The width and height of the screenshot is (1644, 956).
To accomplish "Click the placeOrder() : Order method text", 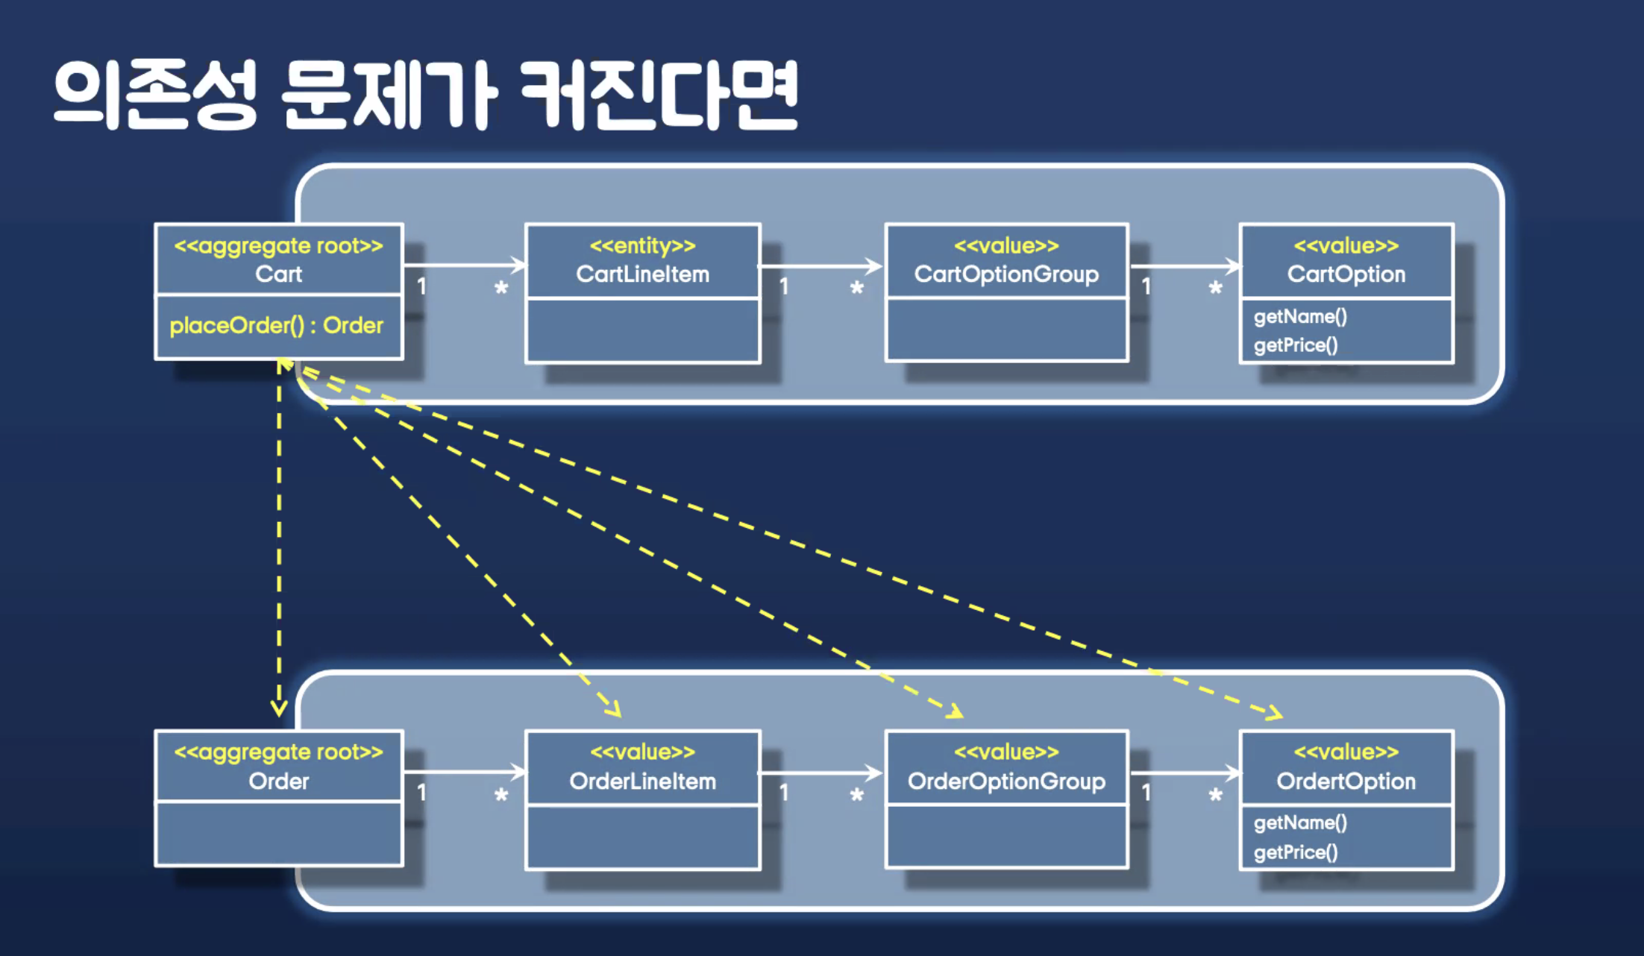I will tap(276, 326).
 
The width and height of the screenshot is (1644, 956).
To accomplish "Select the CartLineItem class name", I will tap(642, 274).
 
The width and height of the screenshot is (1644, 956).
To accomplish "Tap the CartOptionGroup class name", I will tap(1006, 274).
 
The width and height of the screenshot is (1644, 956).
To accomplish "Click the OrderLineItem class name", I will tap(642, 782).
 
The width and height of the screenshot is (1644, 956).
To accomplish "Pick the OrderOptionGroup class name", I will tap(1006, 782).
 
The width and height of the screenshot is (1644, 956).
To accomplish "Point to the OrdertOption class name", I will tap(1346, 782).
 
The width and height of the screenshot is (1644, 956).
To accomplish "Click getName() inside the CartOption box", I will tap(1300, 317).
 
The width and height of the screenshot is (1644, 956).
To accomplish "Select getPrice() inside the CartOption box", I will tap(1296, 345).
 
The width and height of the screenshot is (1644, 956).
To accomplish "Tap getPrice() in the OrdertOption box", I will tap(1296, 852).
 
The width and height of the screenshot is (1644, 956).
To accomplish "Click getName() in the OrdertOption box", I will tap(1300, 823).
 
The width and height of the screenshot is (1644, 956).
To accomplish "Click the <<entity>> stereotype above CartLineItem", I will tap(642, 246).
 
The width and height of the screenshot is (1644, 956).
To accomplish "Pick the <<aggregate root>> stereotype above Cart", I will tap(278, 246).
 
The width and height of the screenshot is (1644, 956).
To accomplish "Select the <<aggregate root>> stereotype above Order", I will tap(278, 752).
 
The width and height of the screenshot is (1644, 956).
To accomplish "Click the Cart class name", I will tap(278, 274).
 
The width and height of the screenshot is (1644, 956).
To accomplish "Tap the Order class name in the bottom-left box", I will tap(278, 782).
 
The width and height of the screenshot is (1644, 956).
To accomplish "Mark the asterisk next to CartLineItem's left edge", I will tap(501, 288).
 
